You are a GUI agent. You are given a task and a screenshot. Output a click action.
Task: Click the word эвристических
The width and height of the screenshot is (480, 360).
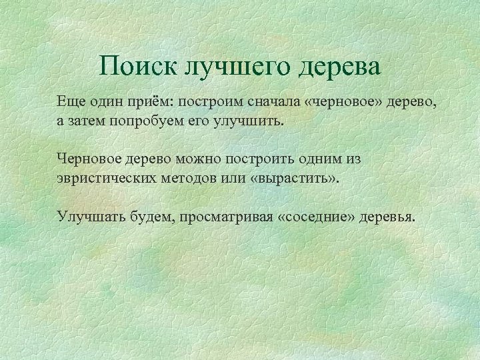(x=105, y=179)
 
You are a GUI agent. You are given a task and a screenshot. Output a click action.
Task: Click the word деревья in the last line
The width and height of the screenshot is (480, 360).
(x=387, y=217)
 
